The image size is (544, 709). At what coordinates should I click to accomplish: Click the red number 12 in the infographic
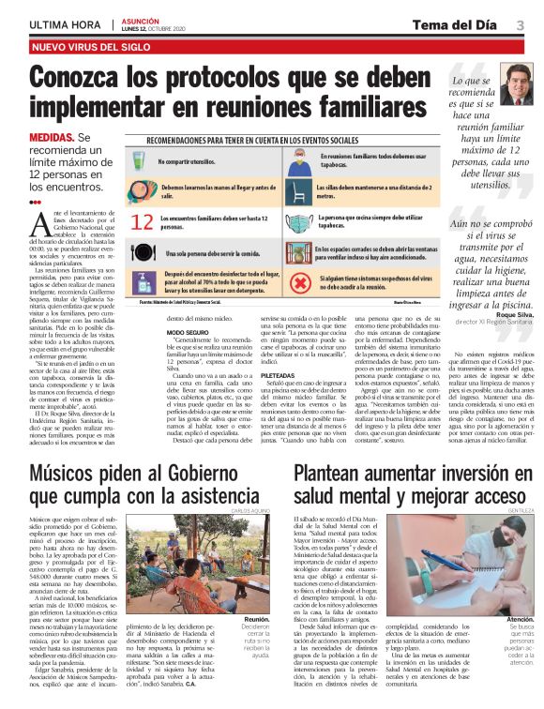click(x=143, y=223)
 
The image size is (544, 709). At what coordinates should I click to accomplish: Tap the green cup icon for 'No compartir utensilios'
click(x=141, y=158)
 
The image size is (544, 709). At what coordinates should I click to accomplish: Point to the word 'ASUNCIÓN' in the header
click(x=138, y=20)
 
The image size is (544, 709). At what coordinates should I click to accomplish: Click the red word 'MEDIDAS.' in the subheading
click(x=53, y=137)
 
